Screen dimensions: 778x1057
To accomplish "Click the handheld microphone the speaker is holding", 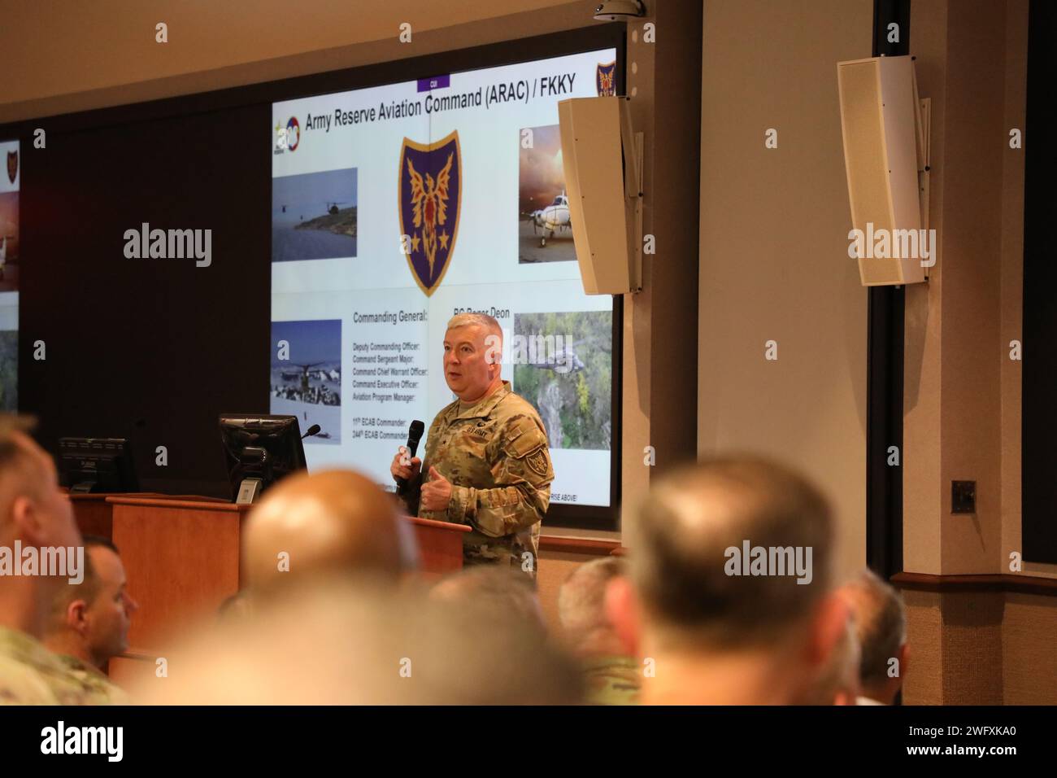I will tap(413, 443).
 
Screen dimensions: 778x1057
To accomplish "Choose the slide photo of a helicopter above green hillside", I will tap(562, 378).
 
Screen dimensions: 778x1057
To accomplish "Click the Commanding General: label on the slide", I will tap(390, 315).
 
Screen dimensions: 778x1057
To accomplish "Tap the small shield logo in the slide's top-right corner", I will tap(607, 80).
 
